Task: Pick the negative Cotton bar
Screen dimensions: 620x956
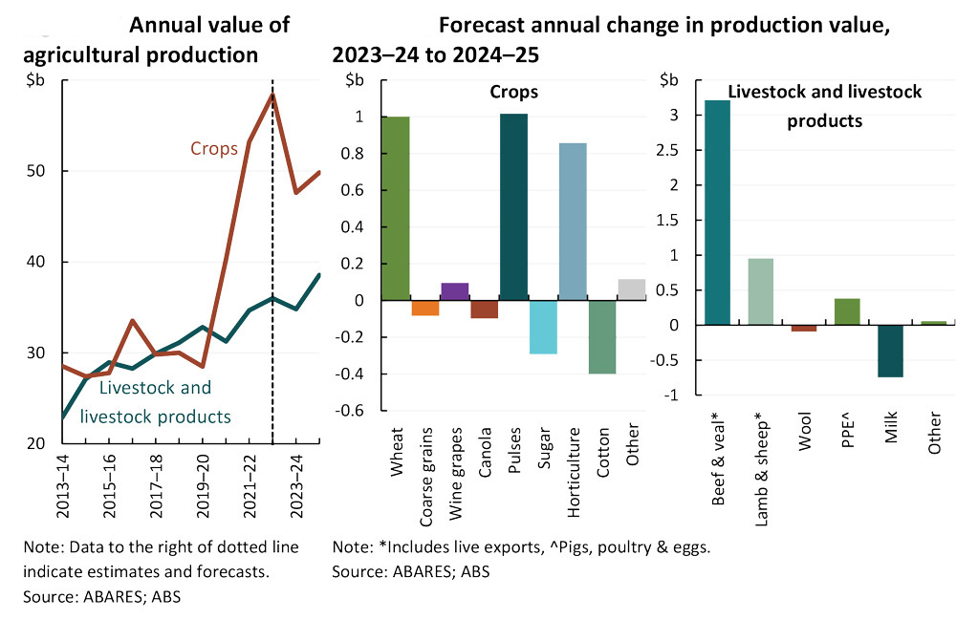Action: pos(601,337)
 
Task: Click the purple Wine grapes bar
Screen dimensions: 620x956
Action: pos(454,291)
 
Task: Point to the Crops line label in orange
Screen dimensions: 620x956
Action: pos(214,149)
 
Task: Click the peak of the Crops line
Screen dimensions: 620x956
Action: pos(272,94)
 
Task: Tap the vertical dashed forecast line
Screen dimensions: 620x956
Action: pos(272,287)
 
